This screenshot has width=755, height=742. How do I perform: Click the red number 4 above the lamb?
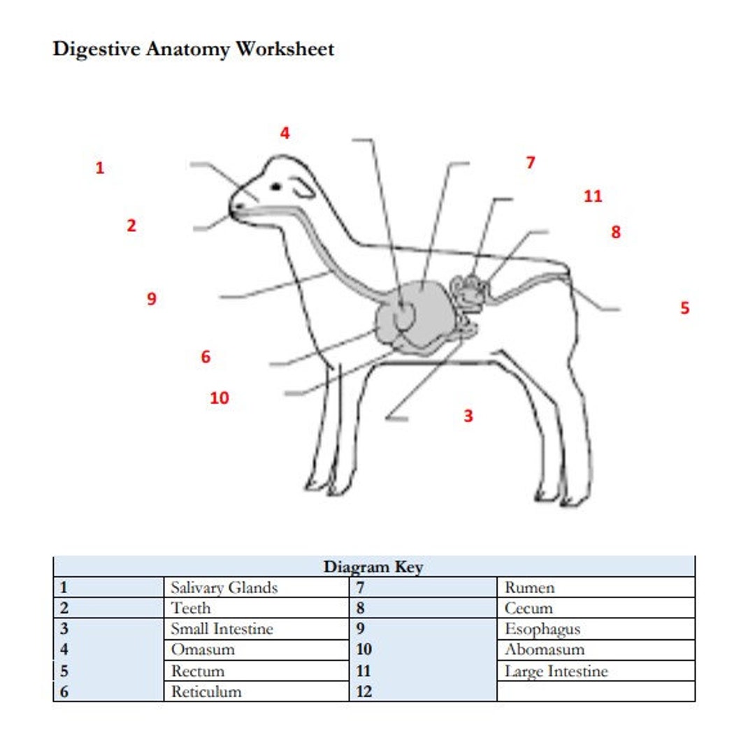[285, 133]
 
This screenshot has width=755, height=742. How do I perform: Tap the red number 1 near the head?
[100, 168]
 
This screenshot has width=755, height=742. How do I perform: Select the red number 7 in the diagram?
[531, 163]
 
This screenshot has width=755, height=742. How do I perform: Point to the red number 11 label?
[593, 196]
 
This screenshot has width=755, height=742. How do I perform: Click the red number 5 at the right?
[684, 307]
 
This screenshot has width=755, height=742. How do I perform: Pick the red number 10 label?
[220, 398]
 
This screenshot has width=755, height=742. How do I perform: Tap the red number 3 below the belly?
[468, 416]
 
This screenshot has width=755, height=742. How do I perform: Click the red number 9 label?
[152, 299]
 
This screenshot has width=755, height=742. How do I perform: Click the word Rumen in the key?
[529, 588]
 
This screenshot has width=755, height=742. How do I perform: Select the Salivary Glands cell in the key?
[224, 588]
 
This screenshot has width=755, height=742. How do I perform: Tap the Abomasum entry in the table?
[545, 650]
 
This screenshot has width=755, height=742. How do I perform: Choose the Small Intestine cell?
[222, 629]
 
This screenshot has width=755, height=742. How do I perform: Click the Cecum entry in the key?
[528, 609]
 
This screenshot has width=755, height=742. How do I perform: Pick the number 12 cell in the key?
[364, 692]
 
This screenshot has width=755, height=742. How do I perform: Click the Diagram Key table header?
[373, 567]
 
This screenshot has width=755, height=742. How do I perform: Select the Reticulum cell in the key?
[207, 692]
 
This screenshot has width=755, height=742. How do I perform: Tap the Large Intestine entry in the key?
[556, 671]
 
